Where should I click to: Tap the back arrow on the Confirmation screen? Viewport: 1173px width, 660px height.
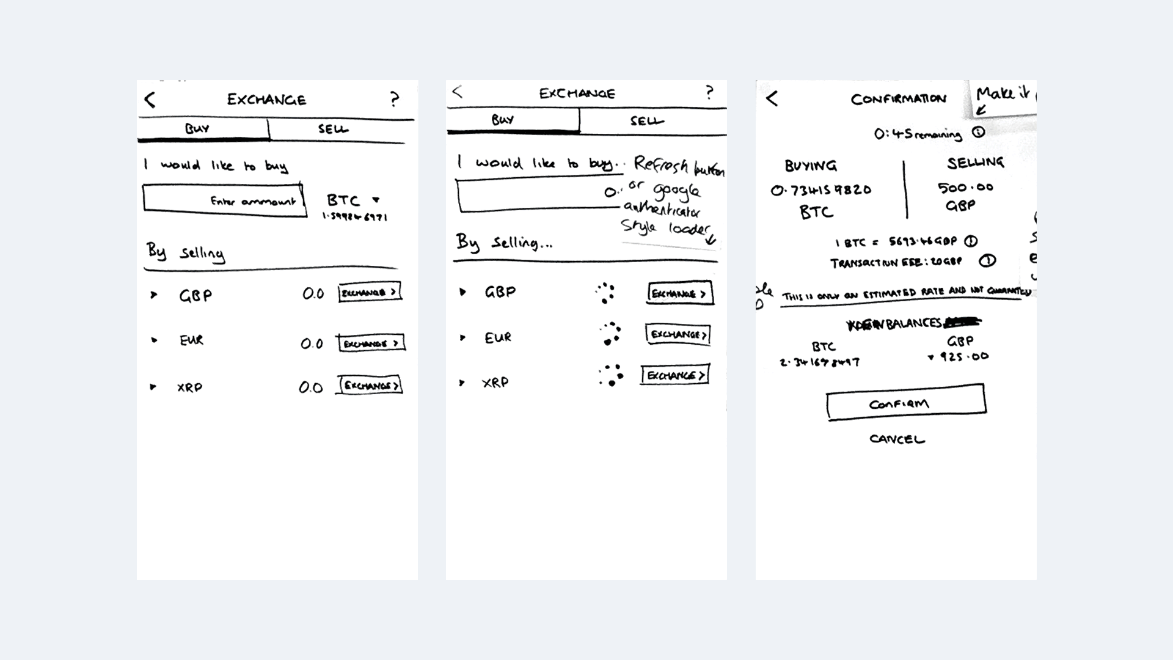(x=772, y=98)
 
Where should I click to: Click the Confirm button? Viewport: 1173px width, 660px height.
(x=905, y=403)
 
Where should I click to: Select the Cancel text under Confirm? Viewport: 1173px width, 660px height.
(x=897, y=439)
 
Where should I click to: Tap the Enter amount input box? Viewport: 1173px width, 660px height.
(x=224, y=200)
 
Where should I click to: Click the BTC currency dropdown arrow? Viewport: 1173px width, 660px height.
(x=376, y=200)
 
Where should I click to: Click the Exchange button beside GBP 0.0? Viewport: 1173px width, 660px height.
(x=370, y=293)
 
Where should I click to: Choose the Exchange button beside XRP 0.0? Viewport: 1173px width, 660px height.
(x=370, y=386)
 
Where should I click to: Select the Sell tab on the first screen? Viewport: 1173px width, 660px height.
(x=333, y=129)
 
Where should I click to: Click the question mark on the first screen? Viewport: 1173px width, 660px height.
(x=395, y=99)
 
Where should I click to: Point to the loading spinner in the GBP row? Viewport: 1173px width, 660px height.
(x=605, y=293)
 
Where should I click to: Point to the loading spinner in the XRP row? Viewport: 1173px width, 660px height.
(x=611, y=376)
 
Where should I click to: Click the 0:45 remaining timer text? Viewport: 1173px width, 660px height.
(x=918, y=134)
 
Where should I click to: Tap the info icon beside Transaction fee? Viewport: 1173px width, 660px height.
(x=987, y=262)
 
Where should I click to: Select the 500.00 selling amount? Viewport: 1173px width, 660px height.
(x=965, y=188)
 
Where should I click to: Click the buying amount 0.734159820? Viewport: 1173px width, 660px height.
(x=820, y=190)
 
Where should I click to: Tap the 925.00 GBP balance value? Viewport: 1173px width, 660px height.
(x=963, y=356)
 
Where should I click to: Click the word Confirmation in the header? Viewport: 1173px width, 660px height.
(x=898, y=99)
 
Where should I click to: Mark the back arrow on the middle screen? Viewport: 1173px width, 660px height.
(x=458, y=92)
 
